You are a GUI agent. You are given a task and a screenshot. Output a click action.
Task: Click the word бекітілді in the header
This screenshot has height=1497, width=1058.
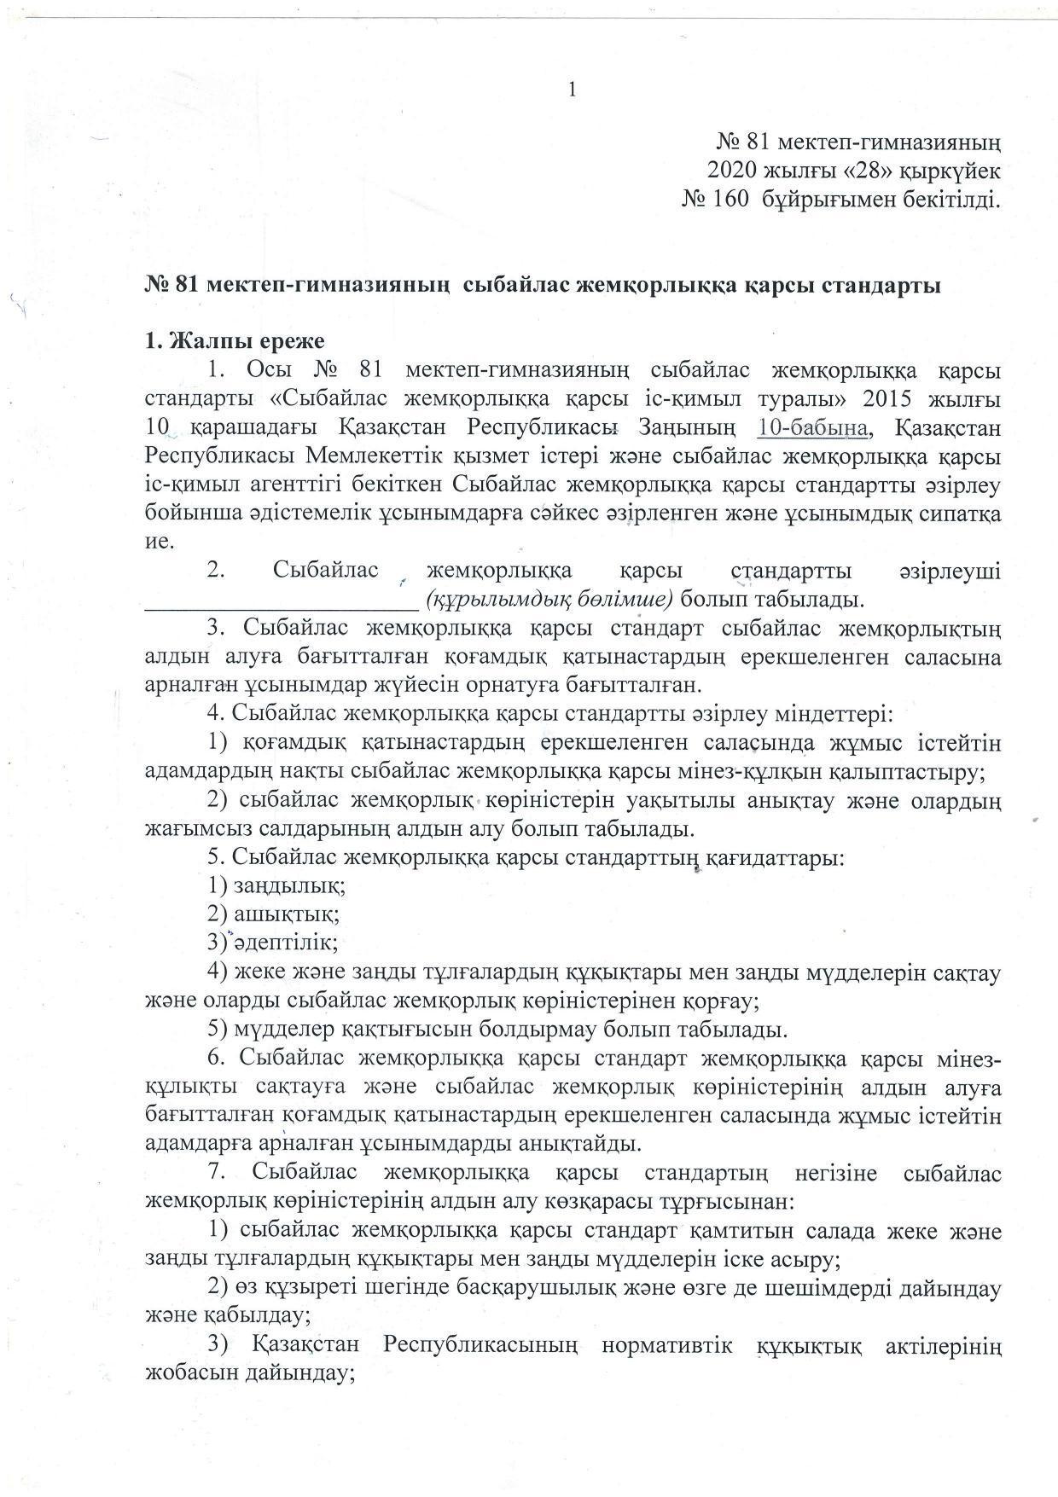(x=947, y=200)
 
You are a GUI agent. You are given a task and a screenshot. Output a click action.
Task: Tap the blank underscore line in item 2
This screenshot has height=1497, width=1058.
(x=281, y=601)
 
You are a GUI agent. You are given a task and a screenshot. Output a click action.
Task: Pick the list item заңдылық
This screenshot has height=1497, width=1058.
(x=287, y=886)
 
